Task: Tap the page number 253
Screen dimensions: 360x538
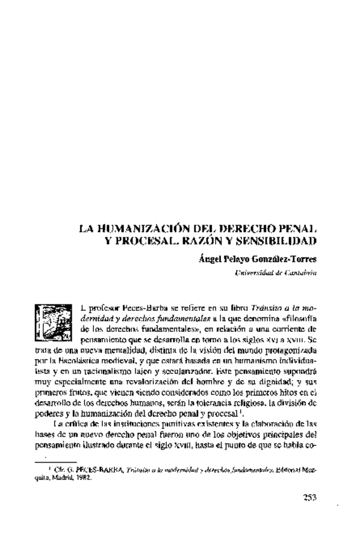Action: coord(305,497)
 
